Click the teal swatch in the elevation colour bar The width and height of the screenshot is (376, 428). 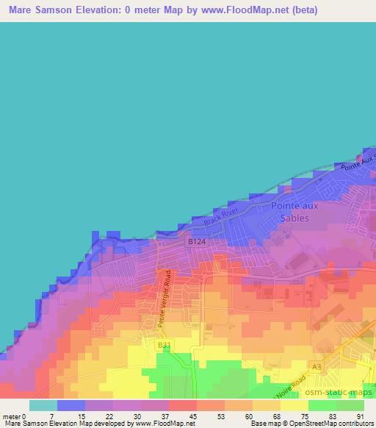click(43, 405)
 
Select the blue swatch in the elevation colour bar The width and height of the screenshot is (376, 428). click(71, 405)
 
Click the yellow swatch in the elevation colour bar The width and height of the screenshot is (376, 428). click(294, 405)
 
